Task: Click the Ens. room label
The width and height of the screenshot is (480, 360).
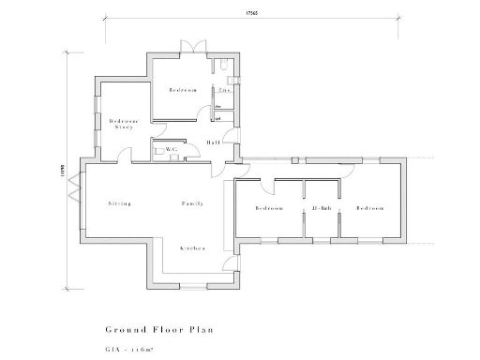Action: click(226, 91)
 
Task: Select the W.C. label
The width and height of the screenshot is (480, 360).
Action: click(172, 149)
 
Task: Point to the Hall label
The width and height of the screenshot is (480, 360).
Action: click(214, 142)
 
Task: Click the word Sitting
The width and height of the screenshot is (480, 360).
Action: click(119, 202)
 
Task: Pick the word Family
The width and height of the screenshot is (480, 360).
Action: click(193, 202)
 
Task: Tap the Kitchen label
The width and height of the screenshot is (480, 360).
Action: click(192, 247)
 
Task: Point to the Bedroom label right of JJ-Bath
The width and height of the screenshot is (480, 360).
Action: click(369, 208)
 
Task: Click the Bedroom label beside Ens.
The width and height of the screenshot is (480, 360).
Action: click(182, 90)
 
